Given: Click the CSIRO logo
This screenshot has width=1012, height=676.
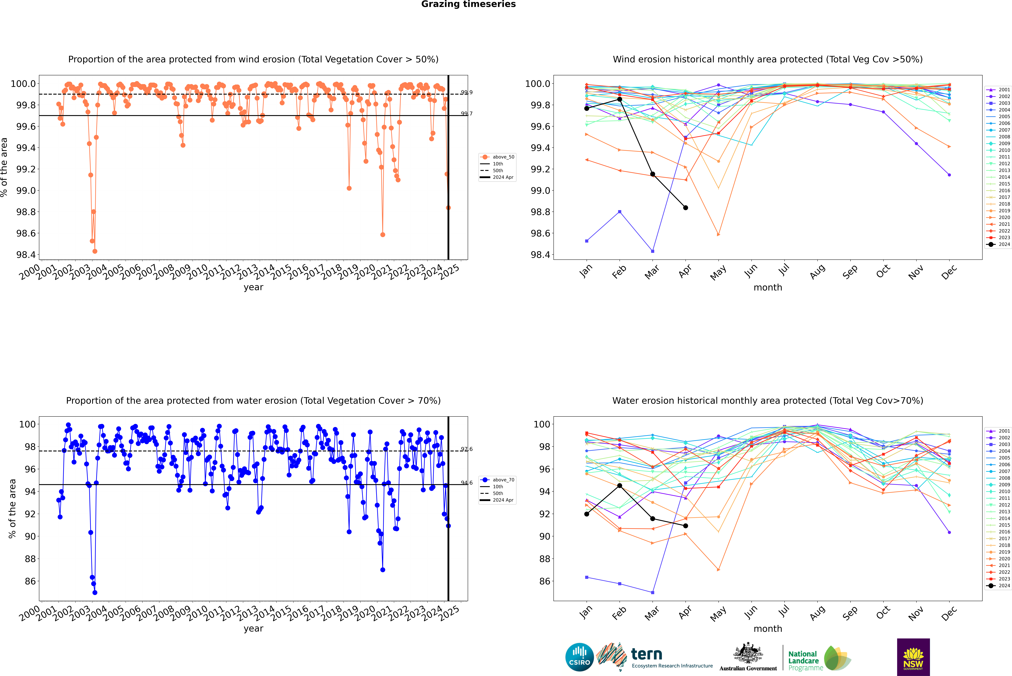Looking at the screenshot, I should coord(579,657).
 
